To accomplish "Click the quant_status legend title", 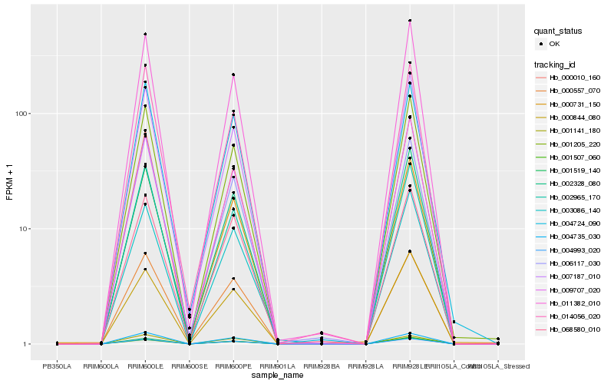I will [560, 31].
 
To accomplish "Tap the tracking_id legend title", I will [555, 64].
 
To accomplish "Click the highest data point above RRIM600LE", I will [145, 34].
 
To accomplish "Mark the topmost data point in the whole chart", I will [410, 21].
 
